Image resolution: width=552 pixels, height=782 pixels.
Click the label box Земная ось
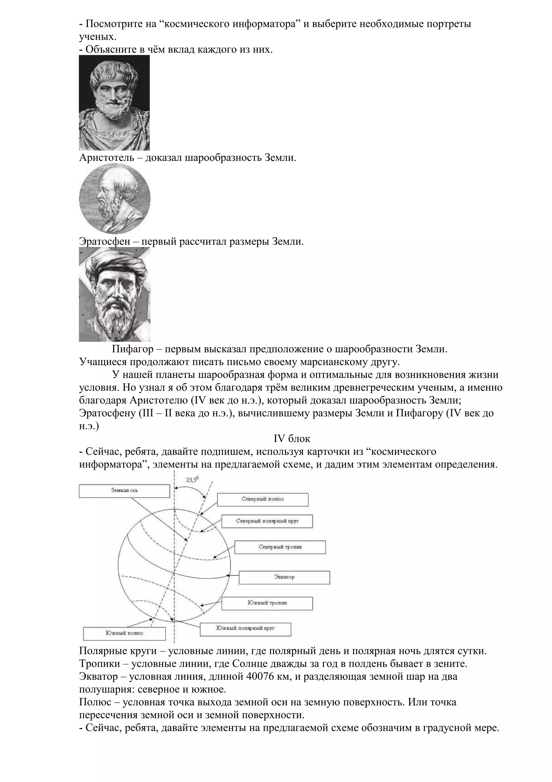124,491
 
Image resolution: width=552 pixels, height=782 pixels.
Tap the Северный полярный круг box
267,521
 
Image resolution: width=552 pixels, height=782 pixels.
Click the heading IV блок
292,439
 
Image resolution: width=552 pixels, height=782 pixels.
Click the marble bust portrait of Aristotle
114,103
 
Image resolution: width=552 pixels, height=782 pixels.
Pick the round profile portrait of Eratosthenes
115,199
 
